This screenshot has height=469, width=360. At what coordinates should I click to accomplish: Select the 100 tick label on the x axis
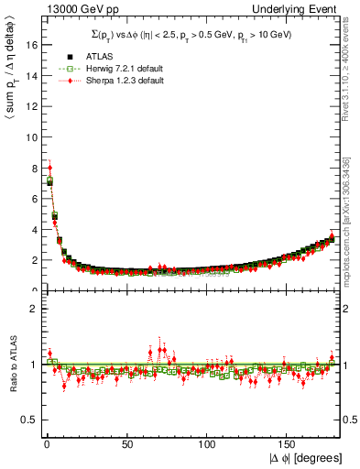(206, 444)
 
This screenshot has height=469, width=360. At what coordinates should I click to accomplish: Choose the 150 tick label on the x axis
(287, 444)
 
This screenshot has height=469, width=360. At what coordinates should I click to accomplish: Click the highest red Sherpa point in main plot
(49, 168)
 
